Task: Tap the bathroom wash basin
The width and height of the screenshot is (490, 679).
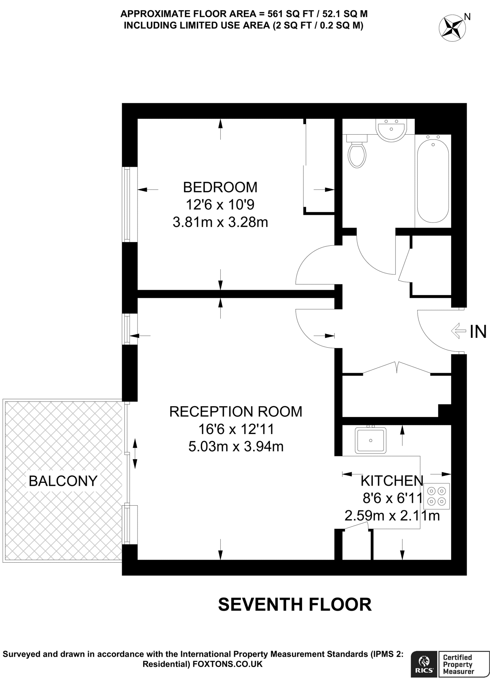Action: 391,130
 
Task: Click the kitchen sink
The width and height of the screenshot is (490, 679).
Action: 370,440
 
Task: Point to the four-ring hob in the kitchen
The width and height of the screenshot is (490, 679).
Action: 436,496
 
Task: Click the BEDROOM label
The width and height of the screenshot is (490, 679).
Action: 220,187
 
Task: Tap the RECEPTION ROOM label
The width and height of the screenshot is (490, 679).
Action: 236,411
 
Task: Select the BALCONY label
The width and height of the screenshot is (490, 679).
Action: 63,481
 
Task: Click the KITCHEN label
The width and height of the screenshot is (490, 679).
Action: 392,480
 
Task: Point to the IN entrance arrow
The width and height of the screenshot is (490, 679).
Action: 459,331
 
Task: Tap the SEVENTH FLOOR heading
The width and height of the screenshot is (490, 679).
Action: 295,604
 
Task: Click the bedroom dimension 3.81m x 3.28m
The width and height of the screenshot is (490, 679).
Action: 220,222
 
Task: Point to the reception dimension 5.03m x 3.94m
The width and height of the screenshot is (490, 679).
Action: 236,447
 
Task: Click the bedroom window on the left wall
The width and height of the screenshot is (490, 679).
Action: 126,204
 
